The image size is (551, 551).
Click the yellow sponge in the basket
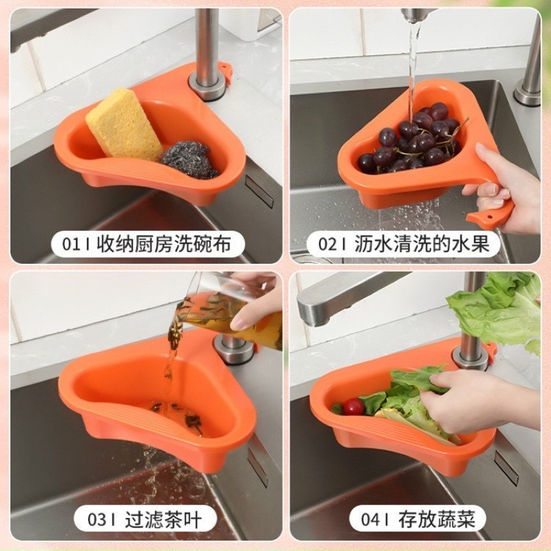click(124, 125)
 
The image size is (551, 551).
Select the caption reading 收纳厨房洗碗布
click(163, 243)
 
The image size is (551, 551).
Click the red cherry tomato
click(353, 406)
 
